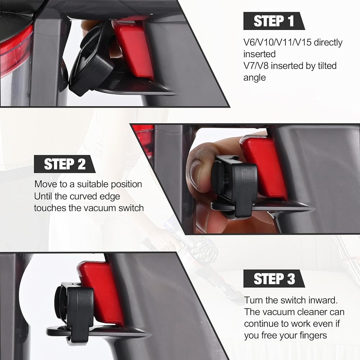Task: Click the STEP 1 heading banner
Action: click(274, 21)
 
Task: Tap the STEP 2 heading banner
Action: click(64, 164)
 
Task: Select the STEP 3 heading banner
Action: click(274, 279)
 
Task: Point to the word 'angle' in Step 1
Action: click(255, 78)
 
